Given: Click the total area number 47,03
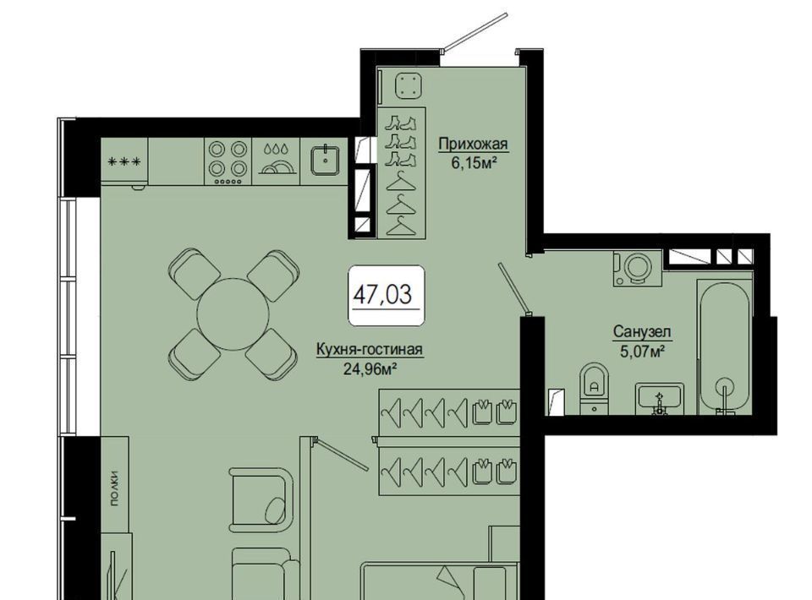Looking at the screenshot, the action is (x=382, y=294).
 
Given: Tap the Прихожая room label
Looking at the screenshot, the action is (x=474, y=144).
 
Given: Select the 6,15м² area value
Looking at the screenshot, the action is (x=475, y=163).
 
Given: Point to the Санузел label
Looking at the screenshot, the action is (x=642, y=331).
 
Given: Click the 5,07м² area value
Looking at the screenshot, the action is (x=642, y=352).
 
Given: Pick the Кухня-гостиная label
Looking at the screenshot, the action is (x=370, y=350).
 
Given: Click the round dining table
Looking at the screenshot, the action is (x=233, y=314).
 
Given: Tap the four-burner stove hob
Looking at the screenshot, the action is (x=228, y=161).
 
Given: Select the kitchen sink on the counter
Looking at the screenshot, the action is (x=325, y=161).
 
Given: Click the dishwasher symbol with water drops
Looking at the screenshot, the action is (x=276, y=161).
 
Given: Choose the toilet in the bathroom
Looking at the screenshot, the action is (x=594, y=389).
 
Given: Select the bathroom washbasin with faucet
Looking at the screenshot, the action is (x=660, y=399).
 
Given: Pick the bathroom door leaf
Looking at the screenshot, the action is (x=513, y=289).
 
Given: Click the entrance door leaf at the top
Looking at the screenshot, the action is (x=475, y=32).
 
